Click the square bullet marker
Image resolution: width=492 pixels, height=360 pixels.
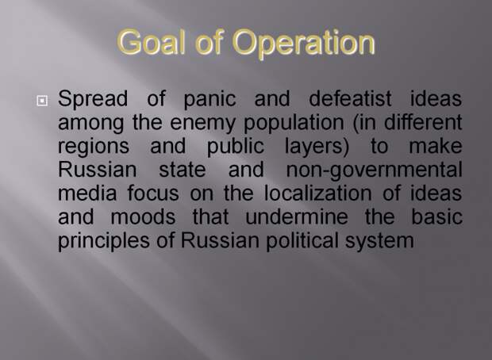[x=42, y=101]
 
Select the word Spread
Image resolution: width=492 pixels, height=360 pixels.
[x=93, y=99]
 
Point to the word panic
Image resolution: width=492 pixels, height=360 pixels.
[x=209, y=99]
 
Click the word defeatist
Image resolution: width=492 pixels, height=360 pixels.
[x=350, y=98]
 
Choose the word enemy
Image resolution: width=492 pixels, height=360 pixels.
[x=202, y=123]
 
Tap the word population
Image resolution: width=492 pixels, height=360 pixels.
[x=294, y=123]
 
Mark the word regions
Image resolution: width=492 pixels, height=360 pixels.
[x=94, y=147]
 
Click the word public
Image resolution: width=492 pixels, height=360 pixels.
[x=236, y=147]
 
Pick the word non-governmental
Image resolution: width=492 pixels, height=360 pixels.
[x=375, y=170]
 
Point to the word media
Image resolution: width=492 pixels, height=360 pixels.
[x=87, y=193]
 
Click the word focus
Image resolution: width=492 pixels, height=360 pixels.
[x=153, y=193]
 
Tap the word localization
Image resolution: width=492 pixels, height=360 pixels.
[x=318, y=193]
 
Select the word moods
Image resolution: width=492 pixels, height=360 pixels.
[x=143, y=216]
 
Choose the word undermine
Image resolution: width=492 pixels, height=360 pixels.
[x=297, y=216]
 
